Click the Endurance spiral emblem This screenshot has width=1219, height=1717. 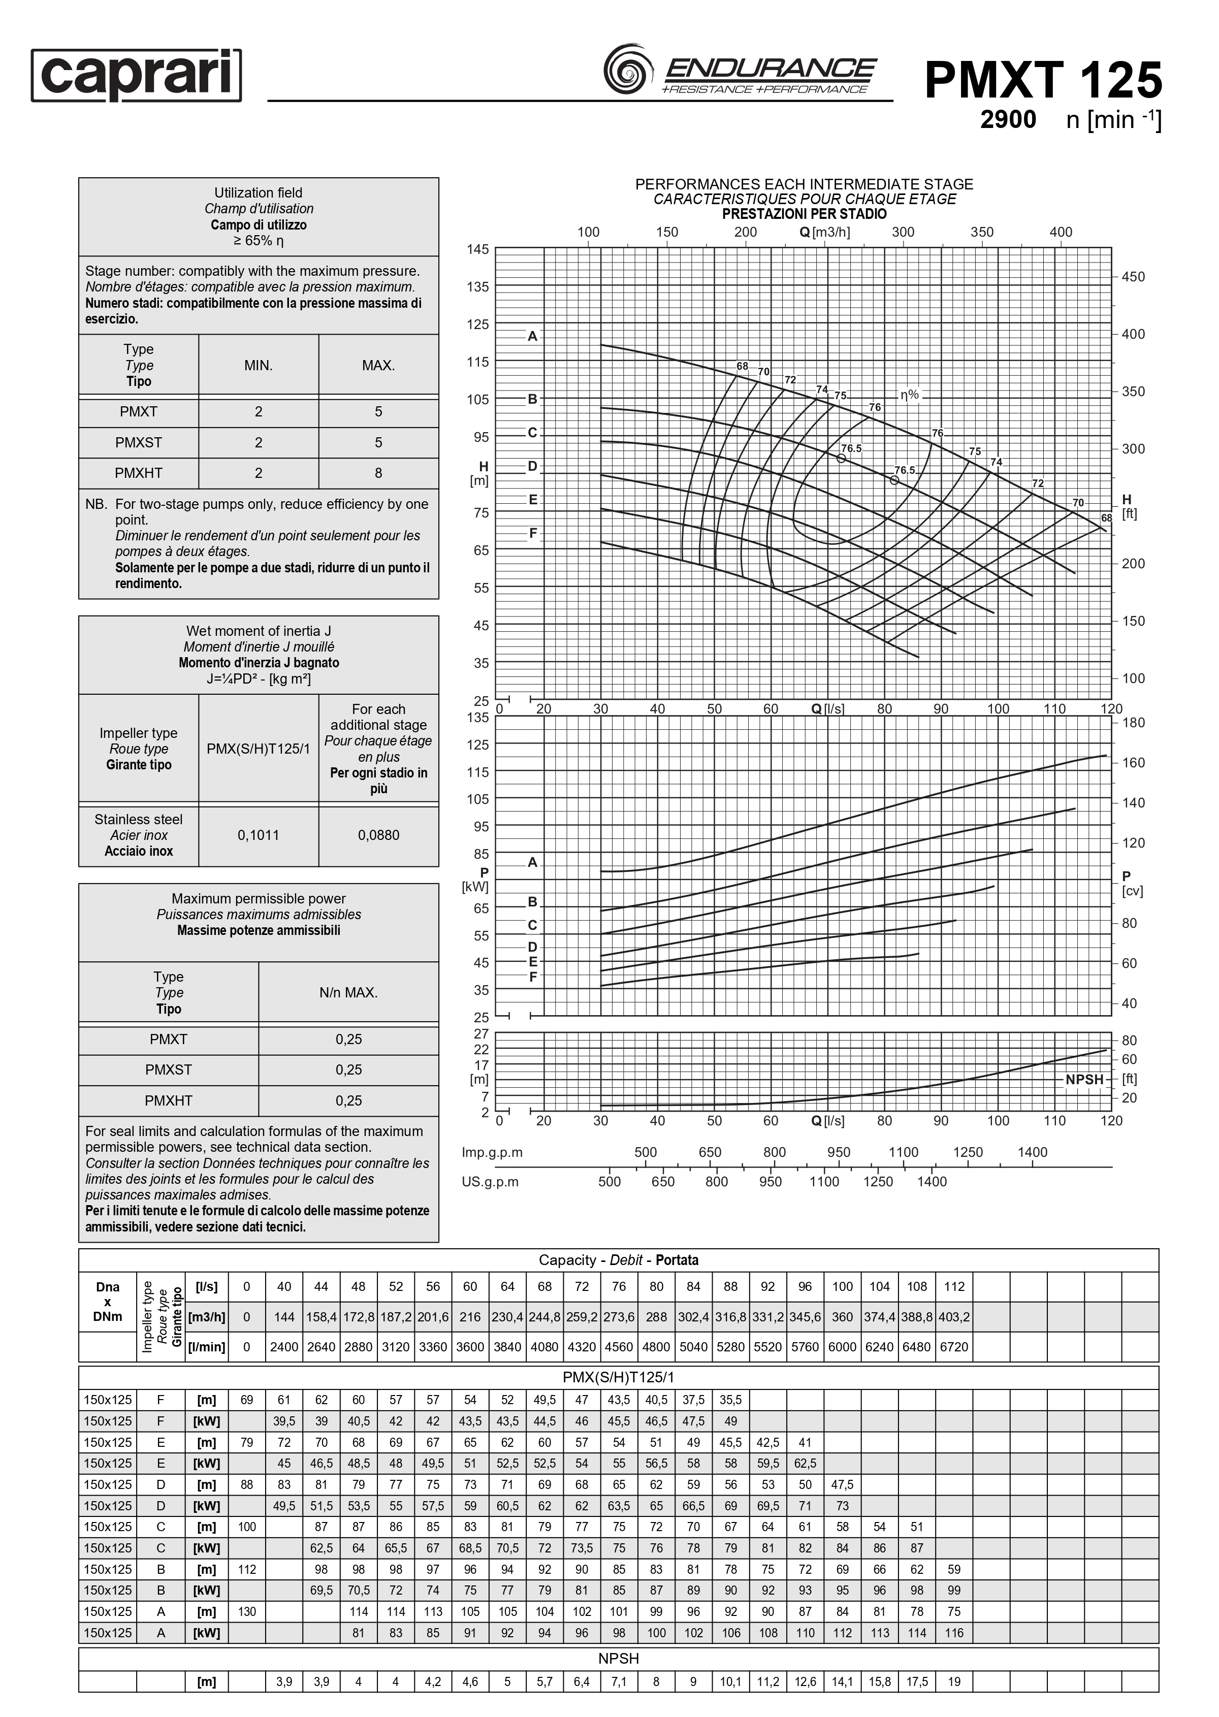(x=625, y=70)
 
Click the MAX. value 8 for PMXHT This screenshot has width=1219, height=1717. (x=378, y=473)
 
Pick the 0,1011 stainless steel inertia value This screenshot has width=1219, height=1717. (x=258, y=835)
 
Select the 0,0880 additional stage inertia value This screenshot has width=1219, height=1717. (x=378, y=835)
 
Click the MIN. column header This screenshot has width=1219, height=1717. (x=258, y=366)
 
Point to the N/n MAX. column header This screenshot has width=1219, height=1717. (x=348, y=992)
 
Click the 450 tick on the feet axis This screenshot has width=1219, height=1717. (x=1133, y=277)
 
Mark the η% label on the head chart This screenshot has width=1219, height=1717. (x=910, y=395)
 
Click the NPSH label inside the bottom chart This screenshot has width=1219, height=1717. (x=1084, y=1079)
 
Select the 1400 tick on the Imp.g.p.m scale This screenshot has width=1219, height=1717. (x=1032, y=1152)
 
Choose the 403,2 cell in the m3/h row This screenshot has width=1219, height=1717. (x=954, y=1316)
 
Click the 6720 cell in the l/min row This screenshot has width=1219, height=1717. (x=954, y=1346)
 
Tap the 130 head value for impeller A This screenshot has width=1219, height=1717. (x=247, y=1611)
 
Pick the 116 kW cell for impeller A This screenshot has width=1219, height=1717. (x=954, y=1632)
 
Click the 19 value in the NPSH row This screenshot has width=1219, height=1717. (x=954, y=1682)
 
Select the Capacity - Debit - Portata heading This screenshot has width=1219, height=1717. (x=619, y=1260)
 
